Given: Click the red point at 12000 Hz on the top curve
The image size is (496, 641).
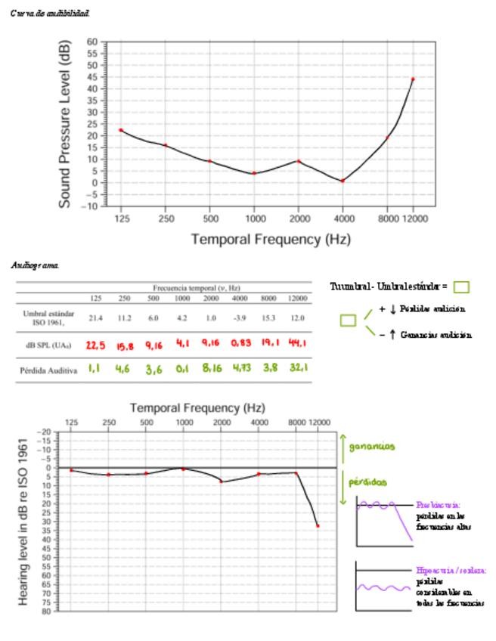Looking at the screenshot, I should click(413, 79).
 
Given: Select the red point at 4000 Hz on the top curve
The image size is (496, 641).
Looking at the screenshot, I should click(343, 181).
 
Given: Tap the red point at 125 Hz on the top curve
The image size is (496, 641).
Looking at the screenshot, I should click(121, 130).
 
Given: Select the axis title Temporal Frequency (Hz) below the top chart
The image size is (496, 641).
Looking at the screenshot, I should click(270, 240).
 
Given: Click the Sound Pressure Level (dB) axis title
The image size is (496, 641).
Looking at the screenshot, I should click(66, 125).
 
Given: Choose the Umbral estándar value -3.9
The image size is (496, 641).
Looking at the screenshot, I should click(240, 319).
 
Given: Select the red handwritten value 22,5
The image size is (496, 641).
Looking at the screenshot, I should click(95, 345).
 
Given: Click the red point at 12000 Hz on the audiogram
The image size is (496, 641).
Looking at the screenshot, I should click(318, 525).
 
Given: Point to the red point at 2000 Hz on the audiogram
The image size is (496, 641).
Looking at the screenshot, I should click(221, 482).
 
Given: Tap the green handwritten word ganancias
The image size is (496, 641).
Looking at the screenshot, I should click(372, 447).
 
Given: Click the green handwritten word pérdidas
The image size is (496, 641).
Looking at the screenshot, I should click(367, 482).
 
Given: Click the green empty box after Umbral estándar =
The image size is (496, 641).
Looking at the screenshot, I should click(462, 287).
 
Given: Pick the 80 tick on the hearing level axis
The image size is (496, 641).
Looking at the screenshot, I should click(46, 611).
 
